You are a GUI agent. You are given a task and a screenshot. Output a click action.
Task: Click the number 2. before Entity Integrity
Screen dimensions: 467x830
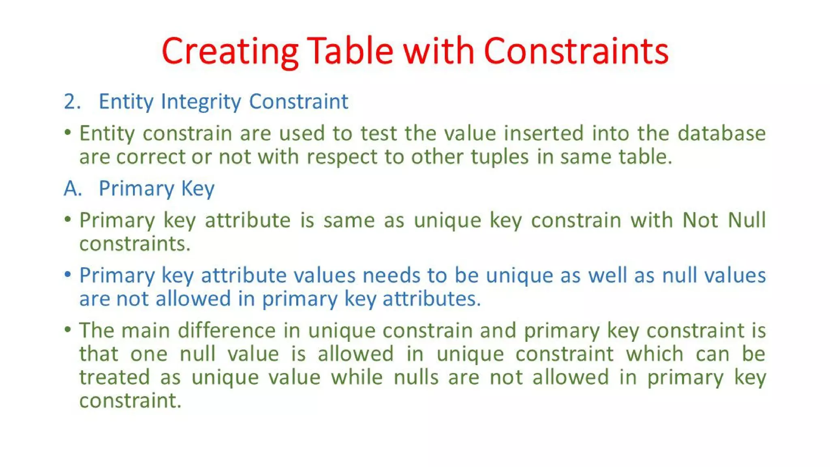pyautogui.click(x=72, y=101)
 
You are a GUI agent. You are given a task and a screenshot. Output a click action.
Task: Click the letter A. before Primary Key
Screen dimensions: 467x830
pyautogui.click(x=73, y=189)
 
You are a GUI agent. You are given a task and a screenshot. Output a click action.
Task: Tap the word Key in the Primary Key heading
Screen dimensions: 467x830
pyautogui.click(x=197, y=189)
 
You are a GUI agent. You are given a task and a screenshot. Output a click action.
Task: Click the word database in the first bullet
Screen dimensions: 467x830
pyautogui.click(x=721, y=133)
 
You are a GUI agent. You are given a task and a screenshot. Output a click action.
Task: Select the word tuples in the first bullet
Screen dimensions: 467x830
pyautogui.click(x=499, y=157)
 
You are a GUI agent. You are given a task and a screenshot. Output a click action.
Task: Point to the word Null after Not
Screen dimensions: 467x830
pyautogui.click(x=747, y=220)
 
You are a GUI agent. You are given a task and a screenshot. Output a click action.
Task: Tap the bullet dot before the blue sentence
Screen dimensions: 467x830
pyautogui.click(x=68, y=274)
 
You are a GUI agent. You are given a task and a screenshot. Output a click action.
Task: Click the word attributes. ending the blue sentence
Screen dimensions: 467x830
pyautogui.click(x=432, y=299)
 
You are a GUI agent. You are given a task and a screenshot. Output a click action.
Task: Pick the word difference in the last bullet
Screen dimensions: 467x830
pyautogui.click(x=227, y=330)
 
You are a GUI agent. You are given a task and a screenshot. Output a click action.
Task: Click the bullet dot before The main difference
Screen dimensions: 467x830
pyautogui.click(x=68, y=329)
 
